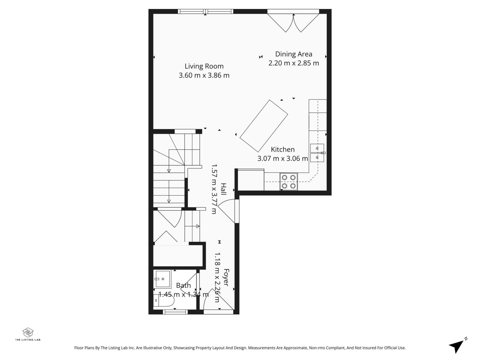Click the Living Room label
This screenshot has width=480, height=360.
tap(204, 66)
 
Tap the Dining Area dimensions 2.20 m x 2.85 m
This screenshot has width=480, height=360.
tap(293, 63)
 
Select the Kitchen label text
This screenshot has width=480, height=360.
tap(283, 149)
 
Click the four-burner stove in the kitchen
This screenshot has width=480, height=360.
tap(289, 181)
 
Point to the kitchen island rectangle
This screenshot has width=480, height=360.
tap(264, 126)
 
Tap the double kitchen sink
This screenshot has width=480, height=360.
tap(317, 153)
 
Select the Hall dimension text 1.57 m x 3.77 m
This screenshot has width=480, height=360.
tap(214, 189)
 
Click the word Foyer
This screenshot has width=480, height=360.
tap(226, 277)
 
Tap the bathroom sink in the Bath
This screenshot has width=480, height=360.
tap(162, 279)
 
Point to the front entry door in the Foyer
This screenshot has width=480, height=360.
tap(218, 301)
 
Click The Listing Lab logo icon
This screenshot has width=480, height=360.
tap(28, 332)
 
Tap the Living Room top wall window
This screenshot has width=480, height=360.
tap(205, 11)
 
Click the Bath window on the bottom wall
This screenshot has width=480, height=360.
tap(175, 312)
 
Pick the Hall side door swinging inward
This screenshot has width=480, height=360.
tap(228, 210)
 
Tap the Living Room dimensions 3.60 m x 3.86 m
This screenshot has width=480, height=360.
tap(204, 75)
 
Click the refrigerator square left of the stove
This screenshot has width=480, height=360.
tap(251, 180)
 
